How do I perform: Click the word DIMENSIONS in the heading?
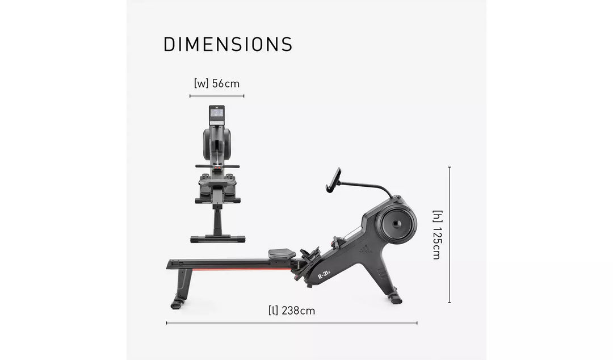(228, 44)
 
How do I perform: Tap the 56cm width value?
(226, 83)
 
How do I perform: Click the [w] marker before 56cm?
(201, 83)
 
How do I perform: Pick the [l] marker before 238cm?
(273, 311)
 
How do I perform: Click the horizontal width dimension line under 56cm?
(217, 96)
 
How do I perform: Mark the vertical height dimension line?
(450, 235)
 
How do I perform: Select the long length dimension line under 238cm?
(292, 323)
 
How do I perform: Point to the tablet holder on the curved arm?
(333, 179)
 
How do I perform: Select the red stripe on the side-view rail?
(238, 270)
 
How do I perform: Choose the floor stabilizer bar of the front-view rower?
(217, 238)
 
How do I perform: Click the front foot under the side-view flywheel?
(394, 297)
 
